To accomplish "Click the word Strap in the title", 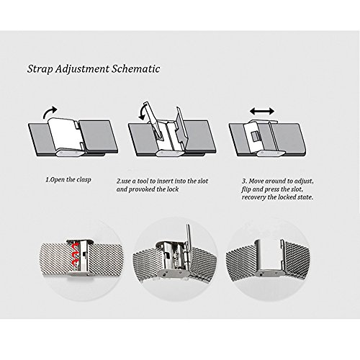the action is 40,69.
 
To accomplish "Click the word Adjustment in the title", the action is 82,69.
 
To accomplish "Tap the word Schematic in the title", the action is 136,68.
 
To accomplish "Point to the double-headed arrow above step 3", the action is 262,111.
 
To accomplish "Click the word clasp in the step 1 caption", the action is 84,180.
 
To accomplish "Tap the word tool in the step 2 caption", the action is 143,181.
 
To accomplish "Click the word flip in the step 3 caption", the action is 246,189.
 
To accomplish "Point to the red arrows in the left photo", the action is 76,255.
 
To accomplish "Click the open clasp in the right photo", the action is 269,258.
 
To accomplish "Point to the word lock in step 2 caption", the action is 173,189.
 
